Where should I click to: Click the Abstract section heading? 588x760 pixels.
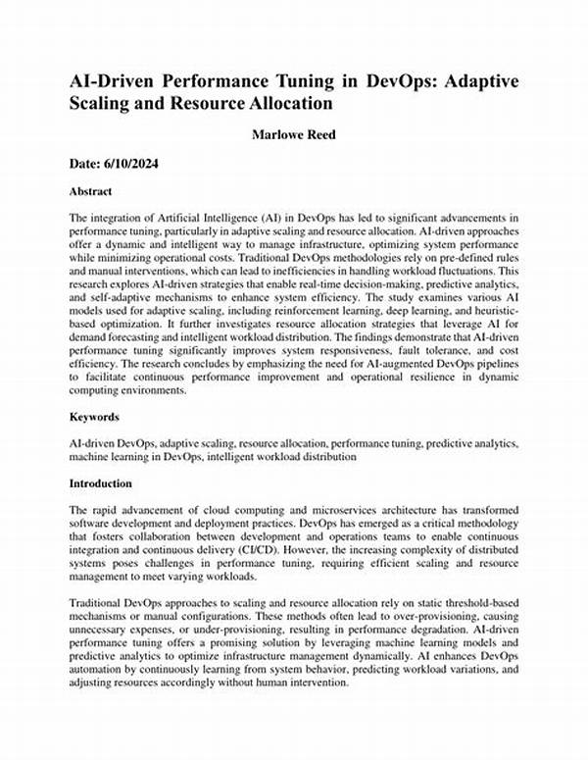(90, 191)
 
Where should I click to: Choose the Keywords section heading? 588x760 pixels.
(94, 417)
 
